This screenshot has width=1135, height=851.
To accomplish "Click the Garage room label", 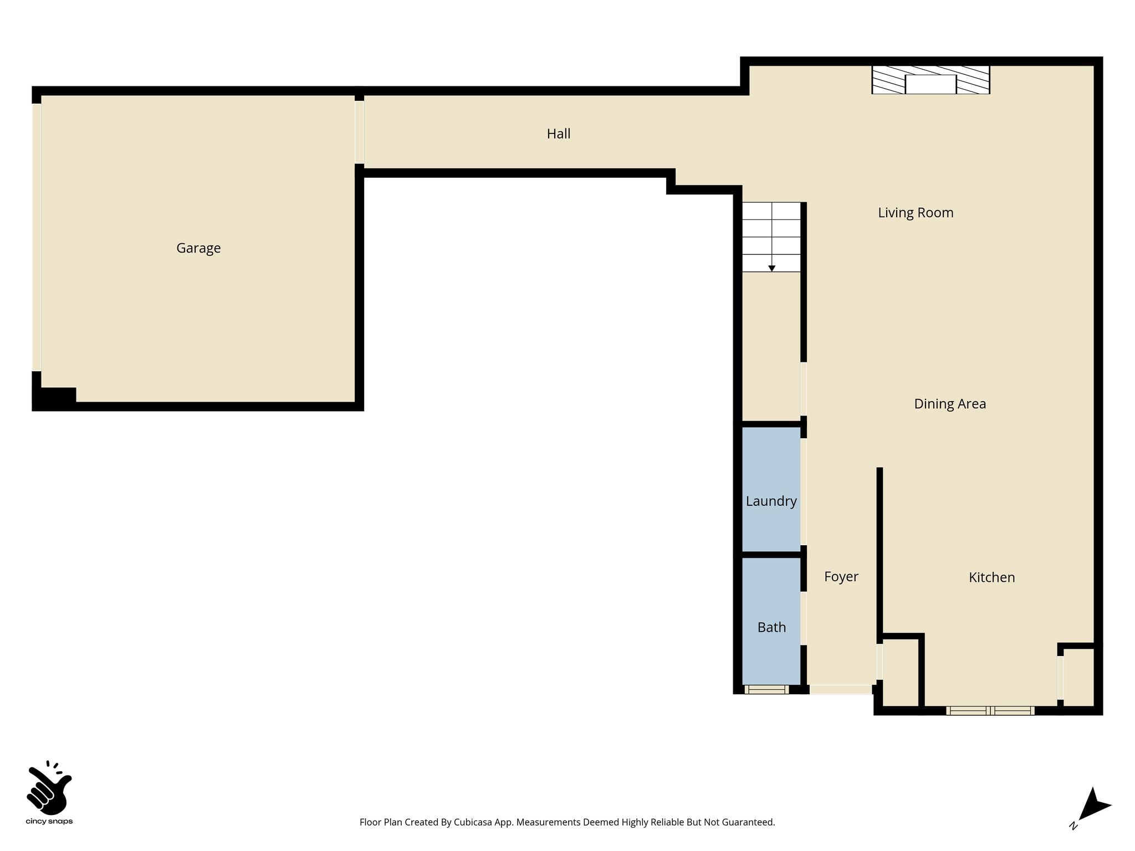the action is [198, 248].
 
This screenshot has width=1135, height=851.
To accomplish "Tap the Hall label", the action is [559, 134].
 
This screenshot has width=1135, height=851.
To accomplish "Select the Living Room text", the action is [916, 213].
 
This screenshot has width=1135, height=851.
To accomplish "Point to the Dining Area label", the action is [950, 404].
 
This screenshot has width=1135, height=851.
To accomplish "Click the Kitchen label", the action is [991, 577].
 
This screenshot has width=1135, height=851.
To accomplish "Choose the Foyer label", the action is [841, 577].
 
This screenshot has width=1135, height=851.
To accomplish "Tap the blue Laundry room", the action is [771, 489].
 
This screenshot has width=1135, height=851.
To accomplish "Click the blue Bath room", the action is [771, 621].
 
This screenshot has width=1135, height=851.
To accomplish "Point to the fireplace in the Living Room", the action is [931, 80].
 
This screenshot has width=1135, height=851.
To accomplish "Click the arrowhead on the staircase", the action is [771, 269].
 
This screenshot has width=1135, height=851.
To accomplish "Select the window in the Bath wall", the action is [766, 689].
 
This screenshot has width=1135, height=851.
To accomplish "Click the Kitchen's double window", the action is [990, 711].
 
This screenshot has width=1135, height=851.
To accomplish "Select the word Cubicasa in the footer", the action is [473, 822].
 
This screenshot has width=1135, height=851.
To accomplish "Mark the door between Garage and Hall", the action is [359, 132].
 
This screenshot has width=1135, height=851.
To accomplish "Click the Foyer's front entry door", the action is [840, 689].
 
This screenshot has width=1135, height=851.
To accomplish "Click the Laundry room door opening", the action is [803, 491].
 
